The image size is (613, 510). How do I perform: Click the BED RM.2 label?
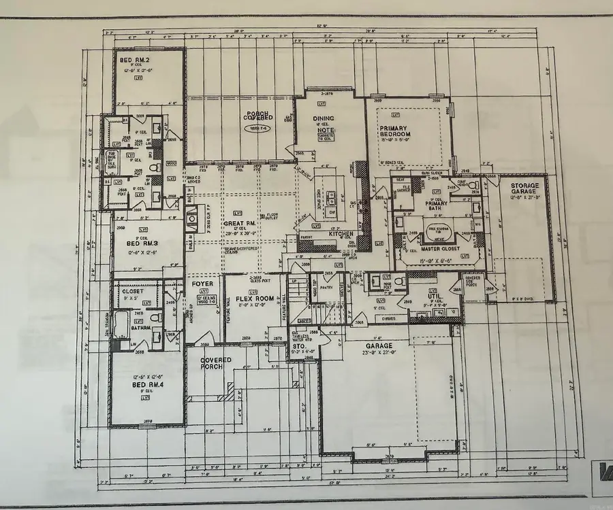click(x=134, y=61)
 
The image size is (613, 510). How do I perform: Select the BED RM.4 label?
click(x=146, y=385)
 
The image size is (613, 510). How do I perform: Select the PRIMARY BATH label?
click(x=437, y=203)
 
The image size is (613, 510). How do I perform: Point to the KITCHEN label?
click(x=341, y=233)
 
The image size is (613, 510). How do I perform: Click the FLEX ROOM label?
click(x=255, y=299)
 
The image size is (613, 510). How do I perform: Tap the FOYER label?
click(x=202, y=284)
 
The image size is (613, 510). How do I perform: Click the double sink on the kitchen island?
click(x=332, y=198)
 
